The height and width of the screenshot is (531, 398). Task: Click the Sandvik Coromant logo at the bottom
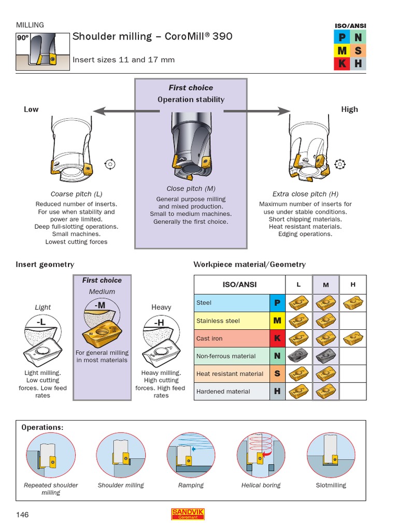(188, 514)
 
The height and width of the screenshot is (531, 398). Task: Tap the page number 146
(22, 514)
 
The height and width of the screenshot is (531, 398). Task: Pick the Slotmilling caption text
(331, 485)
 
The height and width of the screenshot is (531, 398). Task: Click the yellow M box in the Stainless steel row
(277, 321)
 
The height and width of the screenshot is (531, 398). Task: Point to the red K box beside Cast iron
(277, 339)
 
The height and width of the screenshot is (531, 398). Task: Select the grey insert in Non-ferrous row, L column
(298, 356)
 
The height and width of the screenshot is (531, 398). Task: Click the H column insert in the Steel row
(353, 302)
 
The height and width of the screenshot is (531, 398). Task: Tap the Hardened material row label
(223, 392)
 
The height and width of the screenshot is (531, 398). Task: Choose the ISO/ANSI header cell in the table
(239, 285)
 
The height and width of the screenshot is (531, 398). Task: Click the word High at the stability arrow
(349, 109)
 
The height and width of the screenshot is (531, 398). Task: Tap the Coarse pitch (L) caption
(76, 194)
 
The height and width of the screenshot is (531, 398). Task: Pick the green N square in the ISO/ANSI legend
(358, 37)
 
